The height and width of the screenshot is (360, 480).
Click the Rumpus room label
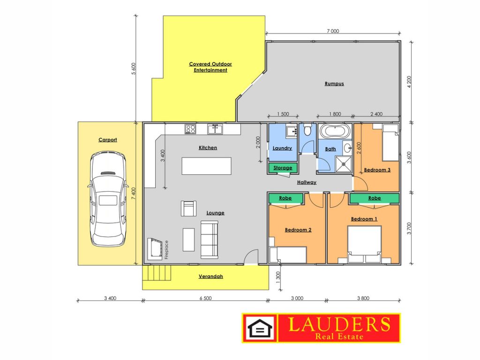click(x=334, y=83)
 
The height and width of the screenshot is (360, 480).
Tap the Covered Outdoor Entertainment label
click(x=210, y=67)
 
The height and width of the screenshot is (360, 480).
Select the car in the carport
click(x=108, y=198)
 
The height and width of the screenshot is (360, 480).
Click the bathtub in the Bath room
click(x=335, y=131)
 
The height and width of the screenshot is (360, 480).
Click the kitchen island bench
click(x=206, y=166)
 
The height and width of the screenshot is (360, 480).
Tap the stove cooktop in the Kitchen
click(x=190, y=129)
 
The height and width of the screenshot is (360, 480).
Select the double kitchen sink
click(x=215, y=129)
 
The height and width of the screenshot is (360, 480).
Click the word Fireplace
click(x=166, y=249)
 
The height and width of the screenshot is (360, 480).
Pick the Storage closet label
click(x=283, y=168)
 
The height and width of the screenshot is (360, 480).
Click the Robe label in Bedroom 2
click(x=285, y=198)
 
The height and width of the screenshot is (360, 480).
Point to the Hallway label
click(x=307, y=182)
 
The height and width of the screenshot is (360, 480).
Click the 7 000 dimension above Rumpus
click(x=333, y=31)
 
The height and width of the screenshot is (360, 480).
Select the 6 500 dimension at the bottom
click(x=205, y=298)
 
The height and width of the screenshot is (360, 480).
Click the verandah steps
click(x=157, y=273)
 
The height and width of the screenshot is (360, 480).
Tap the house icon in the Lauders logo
click(x=260, y=328)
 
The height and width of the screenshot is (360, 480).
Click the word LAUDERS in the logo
click(x=339, y=324)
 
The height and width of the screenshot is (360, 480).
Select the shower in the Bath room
click(x=344, y=164)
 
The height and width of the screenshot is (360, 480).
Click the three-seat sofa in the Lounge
click(x=210, y=240)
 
